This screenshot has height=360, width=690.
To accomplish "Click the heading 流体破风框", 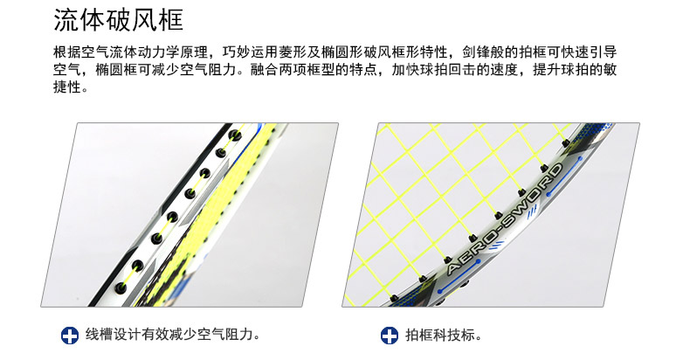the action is tap(118, 21).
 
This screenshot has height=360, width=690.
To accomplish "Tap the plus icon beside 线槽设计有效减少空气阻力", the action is tap(70, 336).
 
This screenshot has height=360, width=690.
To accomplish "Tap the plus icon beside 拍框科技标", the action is tap(389, 336).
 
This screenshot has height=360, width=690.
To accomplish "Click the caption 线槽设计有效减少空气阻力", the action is tap(173, 335).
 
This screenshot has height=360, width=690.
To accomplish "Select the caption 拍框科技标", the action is tap(444, 335).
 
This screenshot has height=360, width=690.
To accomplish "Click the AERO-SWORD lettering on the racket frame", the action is tap(505, 218).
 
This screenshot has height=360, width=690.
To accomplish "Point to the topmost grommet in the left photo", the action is tap(235, 135).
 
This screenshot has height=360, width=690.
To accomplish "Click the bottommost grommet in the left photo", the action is tap(121, 288).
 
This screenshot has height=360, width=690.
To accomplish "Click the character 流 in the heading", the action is tap(66, 21).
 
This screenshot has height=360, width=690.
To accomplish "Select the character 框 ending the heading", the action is tap(170, 21).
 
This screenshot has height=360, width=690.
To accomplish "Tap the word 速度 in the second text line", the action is tap(504, 70).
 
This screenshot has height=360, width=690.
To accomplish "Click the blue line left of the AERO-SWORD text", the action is tap(459, 277).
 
